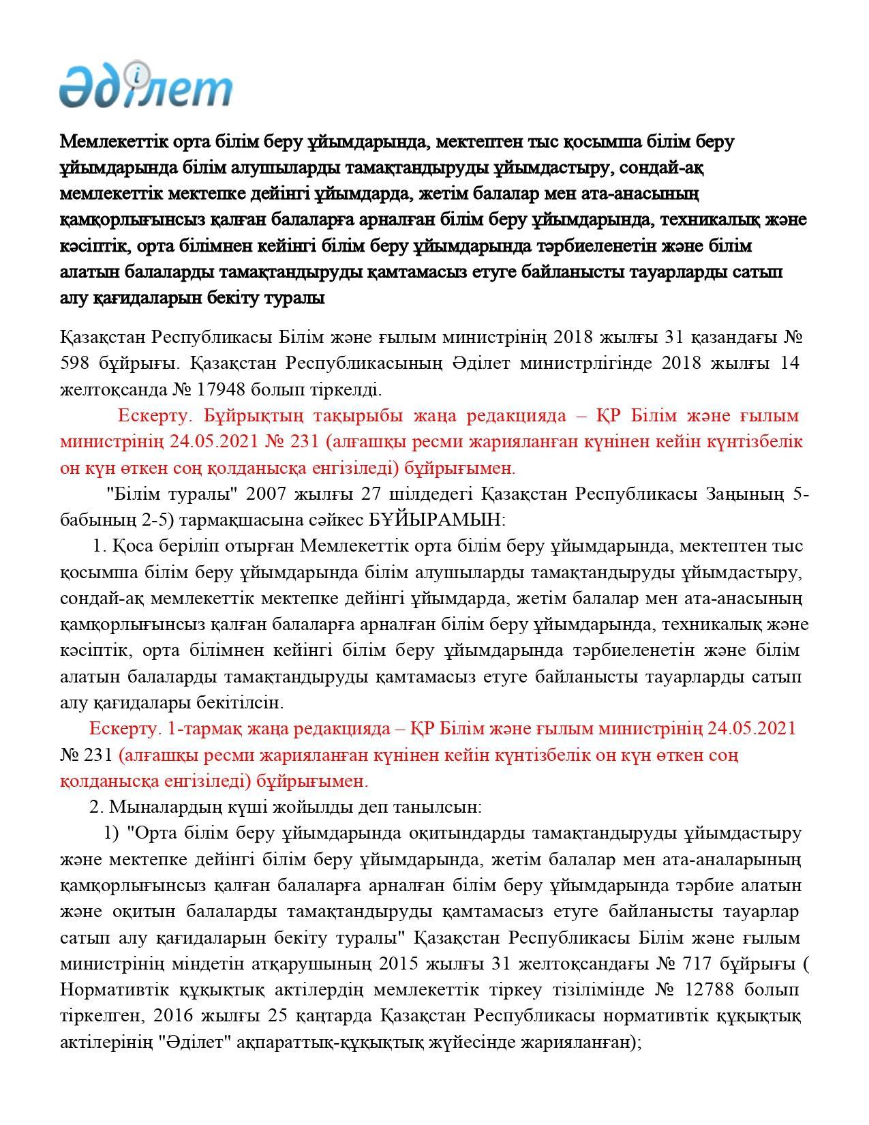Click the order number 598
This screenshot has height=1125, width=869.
pyautogui.click(x=75, y=363)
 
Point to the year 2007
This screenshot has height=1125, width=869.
pyautogui.click(x=268, y=494)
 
